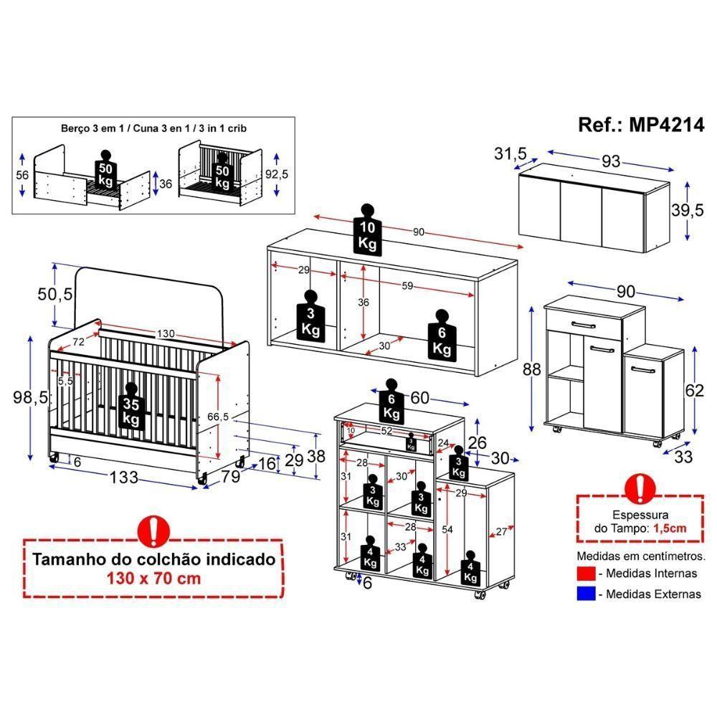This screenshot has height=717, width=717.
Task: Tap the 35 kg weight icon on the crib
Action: point(130,411)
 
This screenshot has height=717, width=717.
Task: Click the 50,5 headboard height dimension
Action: point(54,294)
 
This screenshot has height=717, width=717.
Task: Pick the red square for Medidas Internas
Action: point(586,573)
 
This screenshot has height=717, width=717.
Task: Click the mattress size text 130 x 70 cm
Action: point(153,579)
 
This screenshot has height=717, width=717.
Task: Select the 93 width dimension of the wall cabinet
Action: point(610,161)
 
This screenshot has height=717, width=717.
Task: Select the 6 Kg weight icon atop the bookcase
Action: point(391,402)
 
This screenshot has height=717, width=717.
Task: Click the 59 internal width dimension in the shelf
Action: point(407,286)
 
